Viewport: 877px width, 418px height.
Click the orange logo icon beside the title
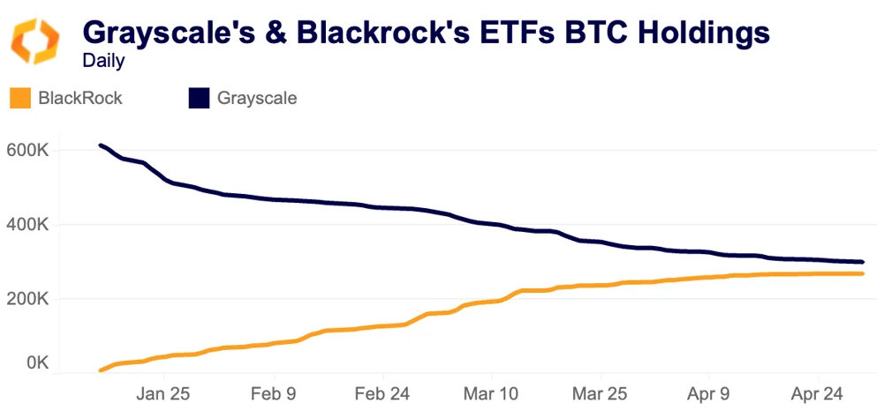pos(35,41)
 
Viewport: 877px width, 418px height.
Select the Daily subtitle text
pos(103,62)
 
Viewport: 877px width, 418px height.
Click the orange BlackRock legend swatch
pos(19,98)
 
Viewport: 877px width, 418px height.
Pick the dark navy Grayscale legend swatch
pos(199,98)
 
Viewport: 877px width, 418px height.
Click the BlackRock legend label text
pos(80,98)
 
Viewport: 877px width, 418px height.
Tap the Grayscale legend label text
pos(257,98)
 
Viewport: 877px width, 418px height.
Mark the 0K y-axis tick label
pos(35,362)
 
